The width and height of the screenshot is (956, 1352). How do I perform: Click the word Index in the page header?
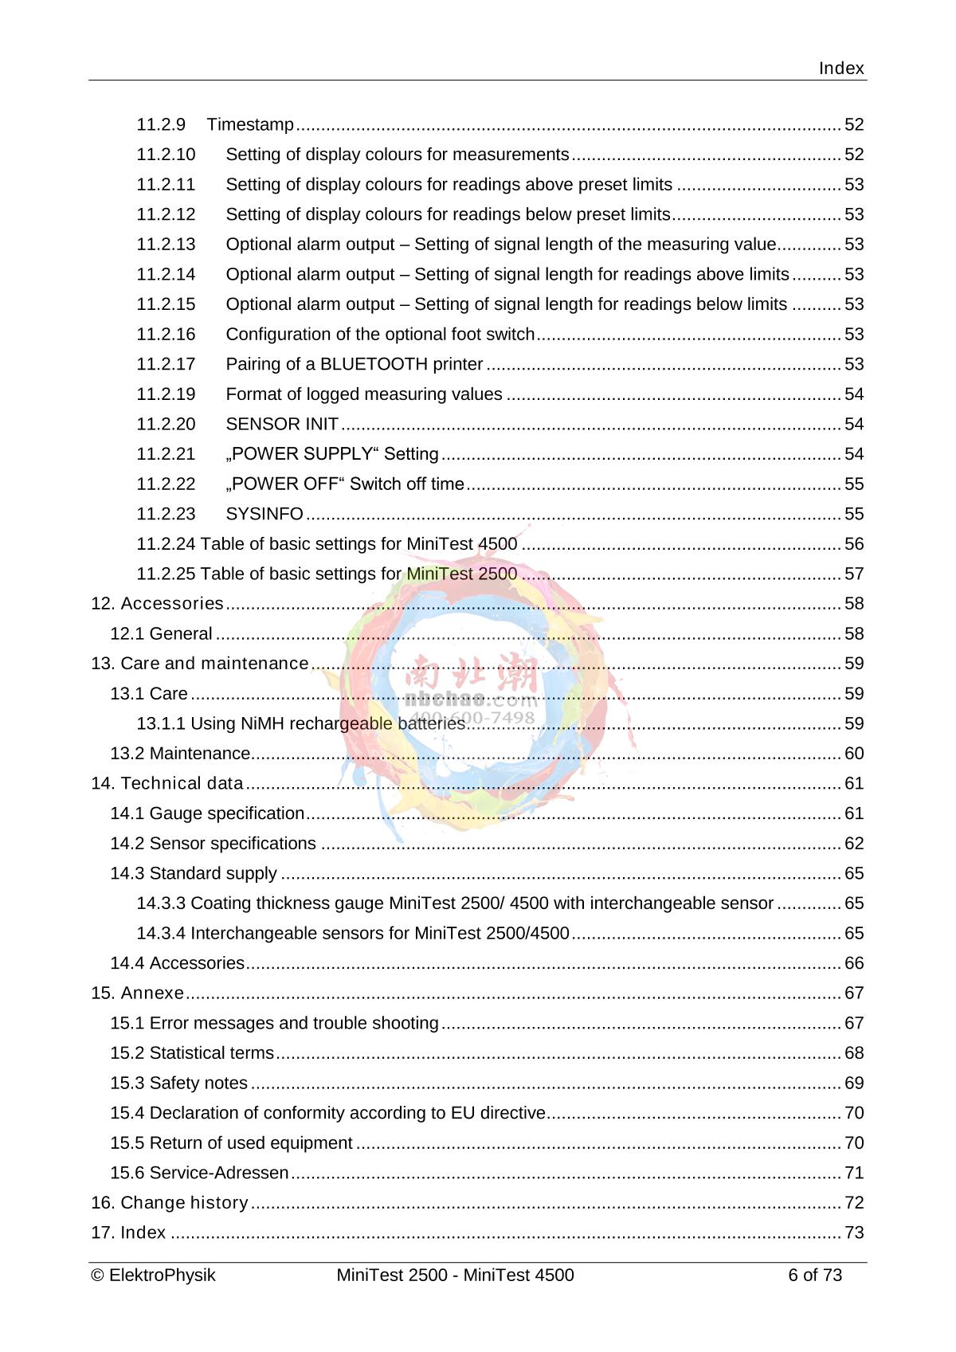(x=840, y=69)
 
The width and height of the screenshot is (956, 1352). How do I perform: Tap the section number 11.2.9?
(x=161, y=125)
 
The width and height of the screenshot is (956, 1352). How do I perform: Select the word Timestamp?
(x=250, y=125)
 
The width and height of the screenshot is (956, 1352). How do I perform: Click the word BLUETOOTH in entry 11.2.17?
(x=374, y=365)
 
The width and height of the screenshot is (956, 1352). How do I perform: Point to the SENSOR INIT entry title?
(x=282, y=425)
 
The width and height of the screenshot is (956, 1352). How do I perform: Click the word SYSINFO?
(x=264, y=515)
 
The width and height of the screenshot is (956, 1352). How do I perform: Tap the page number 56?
(x=853, y=544)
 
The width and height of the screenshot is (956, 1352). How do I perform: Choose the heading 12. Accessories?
(x=157, y=604)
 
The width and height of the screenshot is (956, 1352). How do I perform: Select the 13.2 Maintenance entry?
(x=180, y=754)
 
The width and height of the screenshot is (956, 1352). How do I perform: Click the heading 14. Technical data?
(x=167, y=784)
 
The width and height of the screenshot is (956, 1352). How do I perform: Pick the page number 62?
(x=853, y=844)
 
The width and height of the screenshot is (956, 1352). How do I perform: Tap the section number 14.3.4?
(x=161, y=934)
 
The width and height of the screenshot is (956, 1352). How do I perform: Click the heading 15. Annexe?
(x=137, y=993)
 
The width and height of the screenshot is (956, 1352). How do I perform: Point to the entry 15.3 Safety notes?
(x=178, y=1084)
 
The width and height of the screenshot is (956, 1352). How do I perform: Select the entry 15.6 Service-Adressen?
(x=199, y=1174)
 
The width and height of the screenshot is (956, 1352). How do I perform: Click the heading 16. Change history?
(x=170, y=1203)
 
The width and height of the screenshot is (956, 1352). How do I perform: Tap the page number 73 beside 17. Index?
(x=853, y=1233)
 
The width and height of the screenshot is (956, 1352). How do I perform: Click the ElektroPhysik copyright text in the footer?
(x=154, y=1276)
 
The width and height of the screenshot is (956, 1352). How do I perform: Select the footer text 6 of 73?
(x=814, y=1276)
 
